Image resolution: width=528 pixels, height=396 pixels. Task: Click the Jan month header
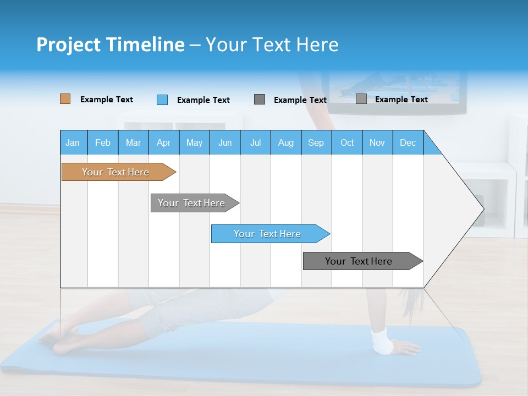73,142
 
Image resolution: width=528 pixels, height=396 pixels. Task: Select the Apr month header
164,142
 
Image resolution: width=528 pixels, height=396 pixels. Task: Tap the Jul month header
255,142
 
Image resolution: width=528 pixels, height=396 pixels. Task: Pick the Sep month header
316,142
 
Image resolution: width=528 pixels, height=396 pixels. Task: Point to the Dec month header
408,142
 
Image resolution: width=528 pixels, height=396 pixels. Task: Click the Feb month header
103,142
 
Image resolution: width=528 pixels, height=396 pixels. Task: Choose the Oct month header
347,142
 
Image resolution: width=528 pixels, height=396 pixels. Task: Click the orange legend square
65,99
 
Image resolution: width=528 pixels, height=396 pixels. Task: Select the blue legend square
162,100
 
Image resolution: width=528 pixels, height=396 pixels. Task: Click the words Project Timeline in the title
110,45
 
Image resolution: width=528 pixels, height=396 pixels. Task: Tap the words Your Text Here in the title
272,45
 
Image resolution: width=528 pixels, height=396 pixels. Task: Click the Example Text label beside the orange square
107,100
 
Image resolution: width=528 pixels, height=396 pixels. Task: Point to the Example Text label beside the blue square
204,100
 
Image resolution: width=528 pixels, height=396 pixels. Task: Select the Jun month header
225,142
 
